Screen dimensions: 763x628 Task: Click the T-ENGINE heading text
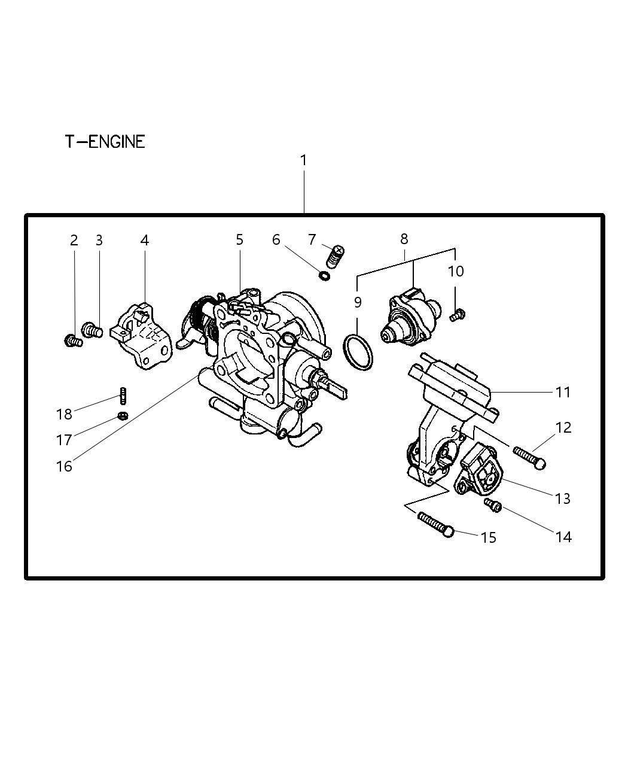[105, 142]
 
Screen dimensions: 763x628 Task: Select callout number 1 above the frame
[303, 160]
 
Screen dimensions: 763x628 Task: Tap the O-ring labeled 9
[358, 352]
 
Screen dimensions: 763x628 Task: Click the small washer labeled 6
[324, 276]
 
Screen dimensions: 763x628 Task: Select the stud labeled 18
[123, 396]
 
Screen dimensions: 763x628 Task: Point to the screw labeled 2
[72, 341]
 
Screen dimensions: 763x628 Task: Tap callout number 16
[64, 466]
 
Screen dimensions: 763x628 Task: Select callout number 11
[563, 393]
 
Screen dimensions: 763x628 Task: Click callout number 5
[239, 240]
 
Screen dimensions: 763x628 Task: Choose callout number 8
[404, 239]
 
